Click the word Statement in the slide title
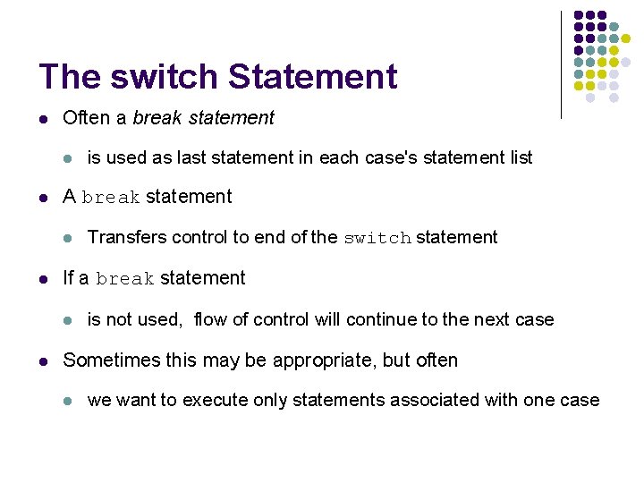[x=313, y=76]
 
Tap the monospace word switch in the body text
[x=377, y=238]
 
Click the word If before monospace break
[x=69, y=278]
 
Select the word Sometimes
[x=106, y=360]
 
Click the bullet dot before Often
[x=44, y=118]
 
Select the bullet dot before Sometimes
[x=44, y=361]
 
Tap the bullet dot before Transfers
[x=68, y=238]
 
